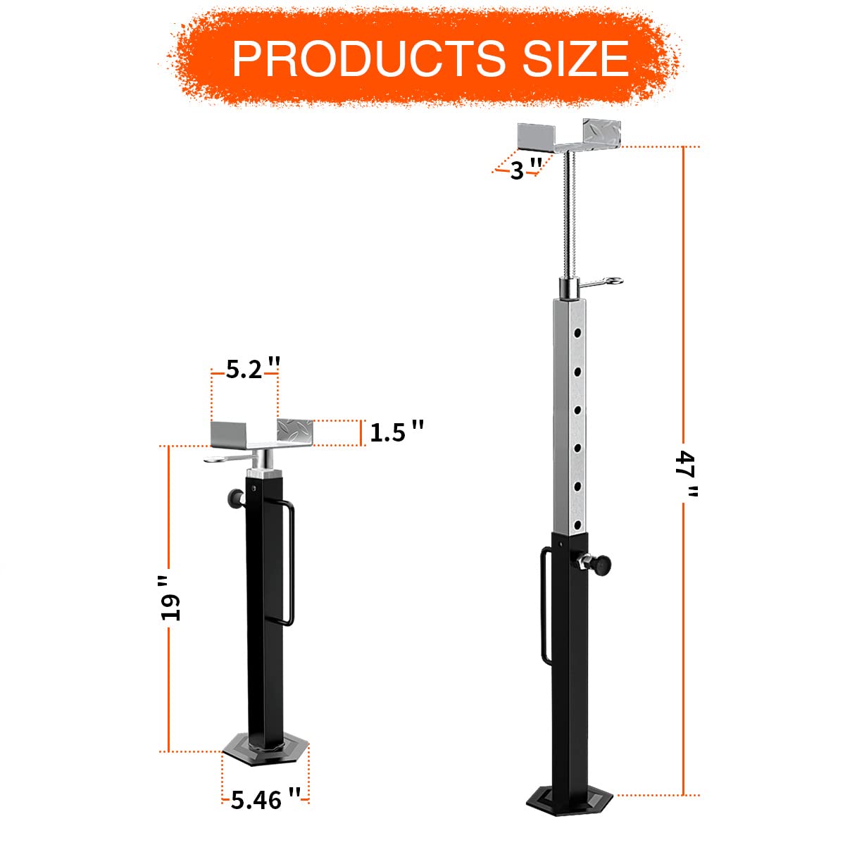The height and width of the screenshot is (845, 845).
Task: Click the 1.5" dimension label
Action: tap(396, 432)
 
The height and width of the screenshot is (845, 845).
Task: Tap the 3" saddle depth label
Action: tap(525, 170)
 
